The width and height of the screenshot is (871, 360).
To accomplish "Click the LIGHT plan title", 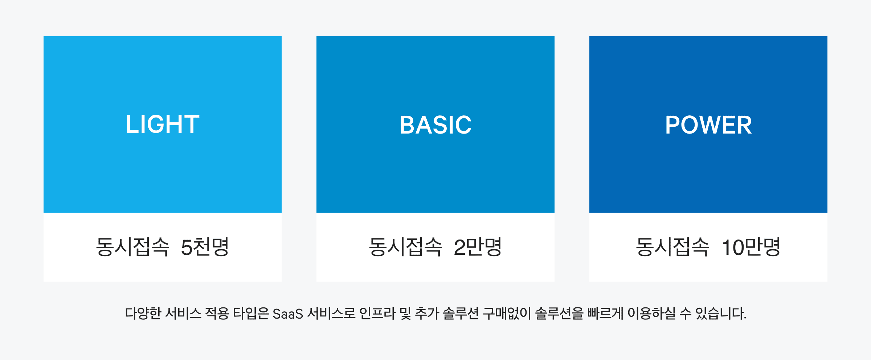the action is tap(163, 124).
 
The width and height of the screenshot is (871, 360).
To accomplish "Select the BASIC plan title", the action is tap(435, 125).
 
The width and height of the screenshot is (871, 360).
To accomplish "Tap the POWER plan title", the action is tap(708, 125).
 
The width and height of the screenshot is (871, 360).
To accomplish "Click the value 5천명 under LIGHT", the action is tap(205, 247).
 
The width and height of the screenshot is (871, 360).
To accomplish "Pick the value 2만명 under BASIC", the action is tap(478, 247).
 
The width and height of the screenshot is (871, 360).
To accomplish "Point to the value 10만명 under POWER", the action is tap(751, 247).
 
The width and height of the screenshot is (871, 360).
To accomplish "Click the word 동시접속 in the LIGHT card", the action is tap(132, 247).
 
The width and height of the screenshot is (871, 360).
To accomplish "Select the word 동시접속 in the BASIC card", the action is tap(405, 247).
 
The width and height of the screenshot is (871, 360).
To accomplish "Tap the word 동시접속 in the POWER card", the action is tap(672, 247).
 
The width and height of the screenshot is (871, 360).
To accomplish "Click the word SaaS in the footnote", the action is tap(288, 314).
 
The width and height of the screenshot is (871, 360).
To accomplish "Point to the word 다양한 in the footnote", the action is tap(143, 313).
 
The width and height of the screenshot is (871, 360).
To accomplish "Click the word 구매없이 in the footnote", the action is tap(507, 313).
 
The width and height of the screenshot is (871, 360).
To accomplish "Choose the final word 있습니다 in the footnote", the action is tap(720, 313).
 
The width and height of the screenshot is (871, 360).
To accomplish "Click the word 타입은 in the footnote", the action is tap(251, 313).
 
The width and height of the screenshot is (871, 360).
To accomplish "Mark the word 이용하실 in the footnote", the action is tap(652, 313).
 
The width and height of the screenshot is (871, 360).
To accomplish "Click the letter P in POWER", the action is tap(672, 125).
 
